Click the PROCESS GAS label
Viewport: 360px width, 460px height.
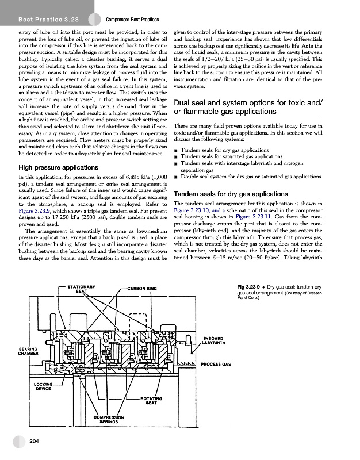216,364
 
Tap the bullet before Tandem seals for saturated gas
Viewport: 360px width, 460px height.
175,156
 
